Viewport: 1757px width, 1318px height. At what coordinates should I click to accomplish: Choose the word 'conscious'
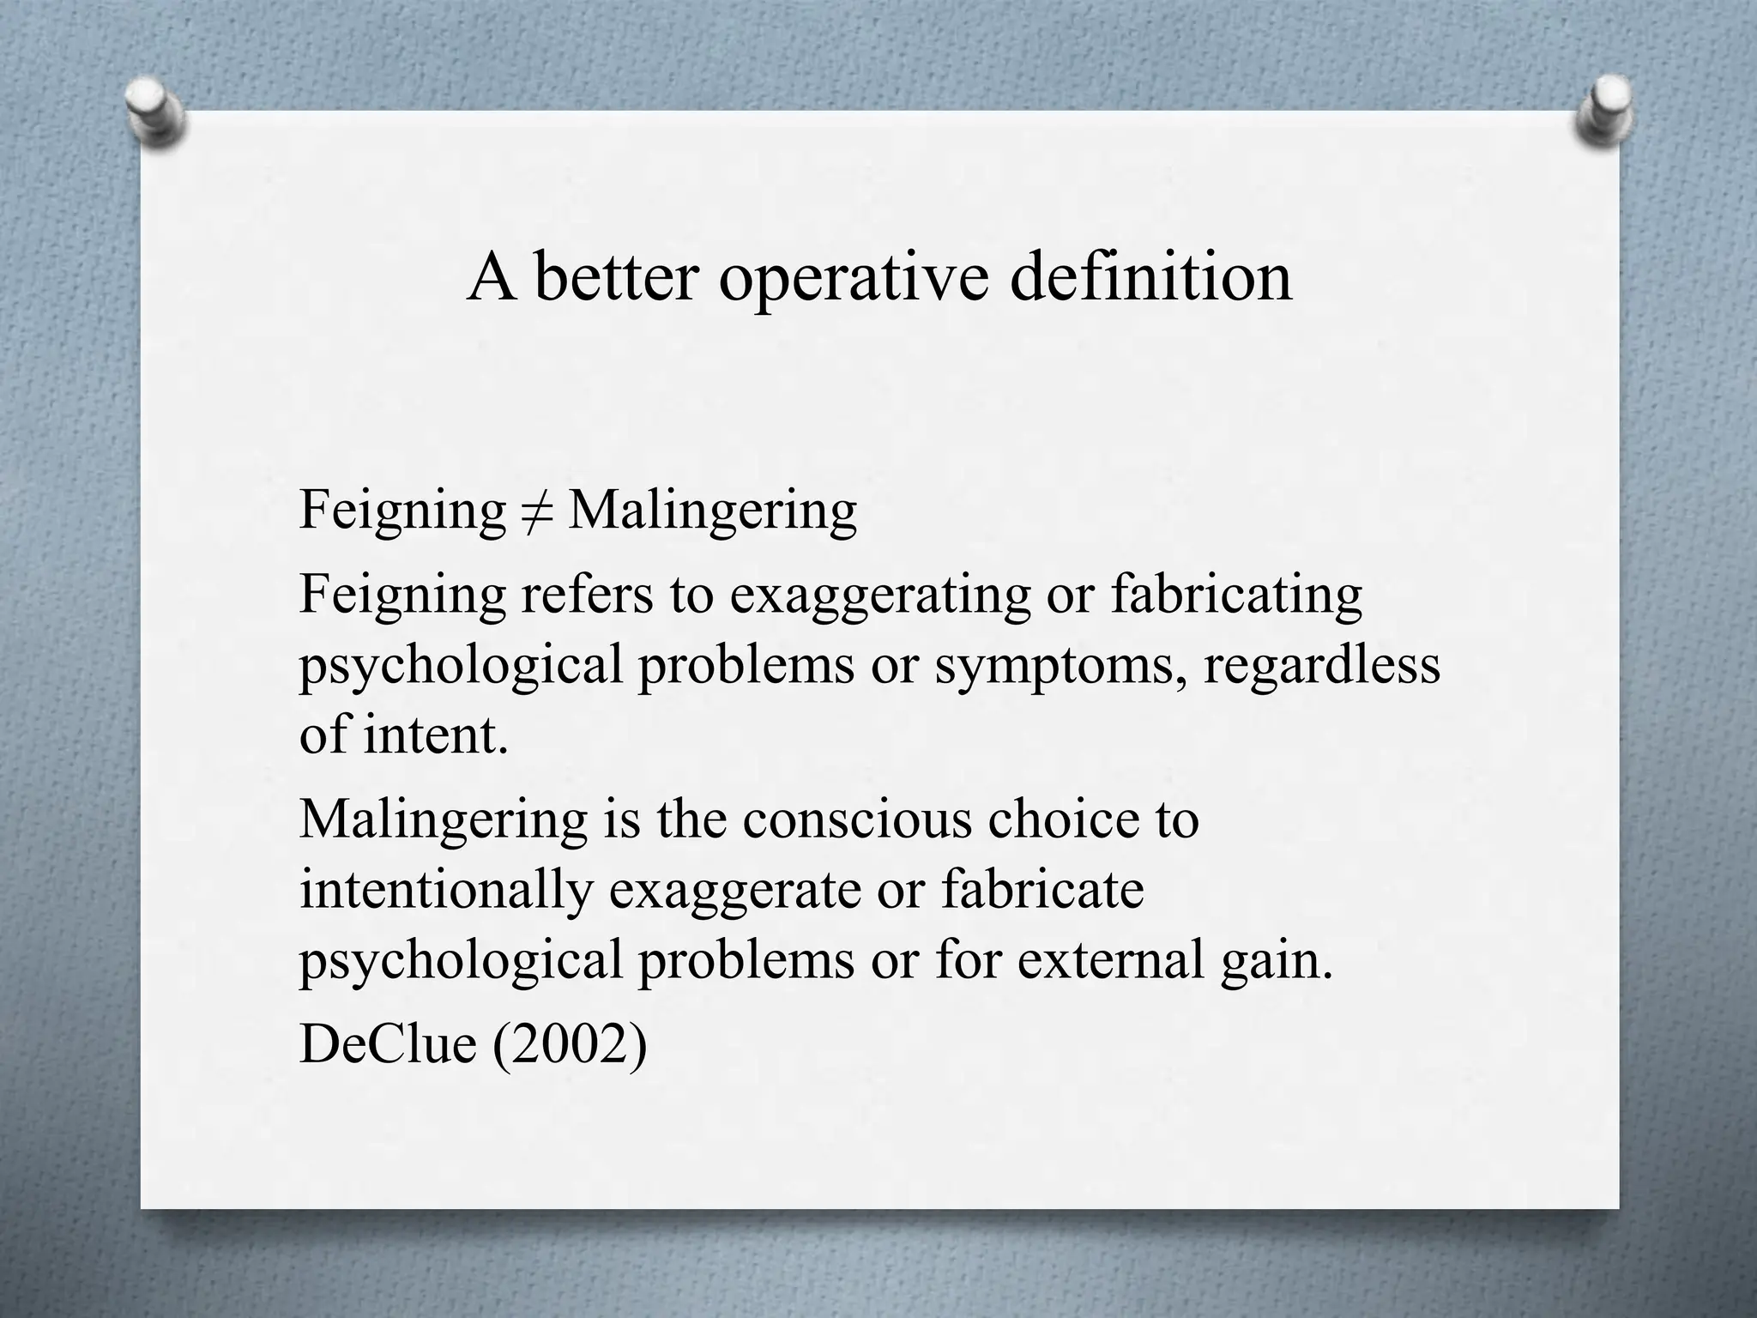tap(857, 819)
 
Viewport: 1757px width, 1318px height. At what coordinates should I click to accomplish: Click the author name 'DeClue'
tap(387, 1044)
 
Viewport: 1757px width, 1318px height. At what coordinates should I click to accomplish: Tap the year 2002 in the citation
tap(569, 1044)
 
